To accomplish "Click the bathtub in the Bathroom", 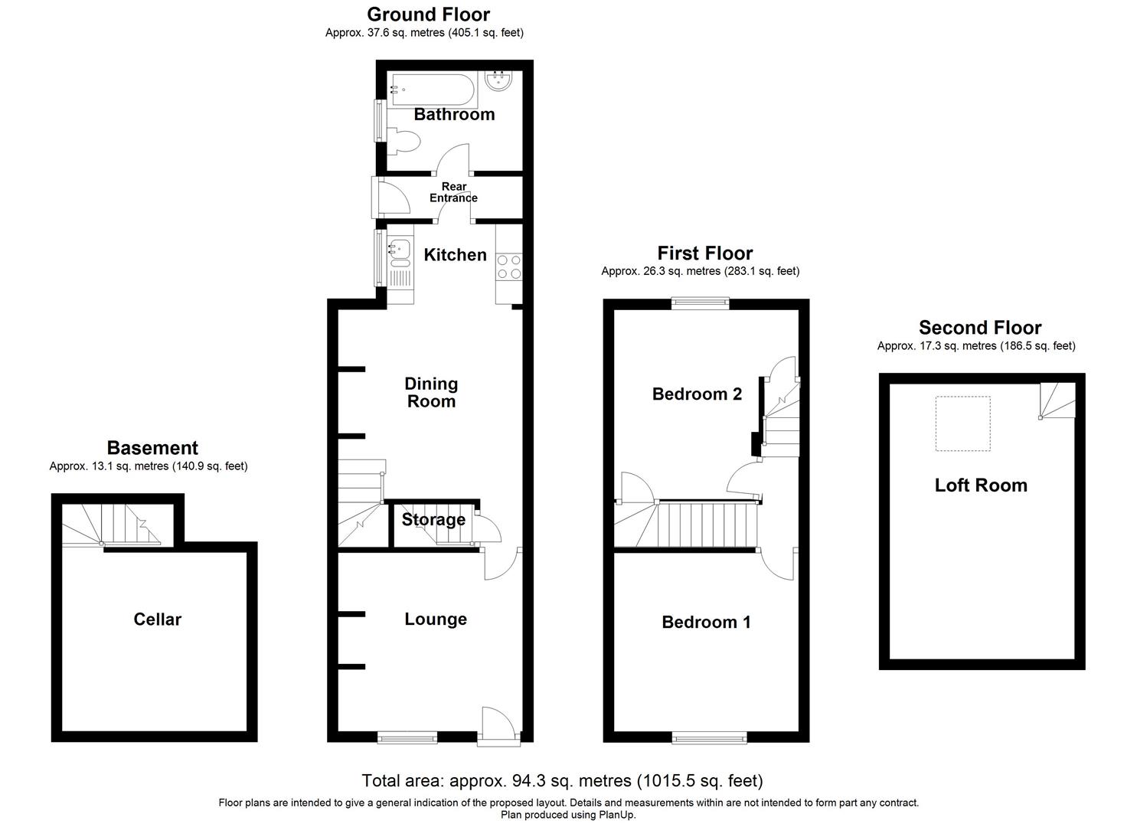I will coord(433,90).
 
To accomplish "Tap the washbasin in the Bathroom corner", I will coord(499,81).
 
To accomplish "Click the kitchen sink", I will coord(400,248).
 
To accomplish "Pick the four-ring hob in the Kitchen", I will coord(509,266).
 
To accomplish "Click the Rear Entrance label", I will coord(453,192).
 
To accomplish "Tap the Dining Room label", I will coord(431,392).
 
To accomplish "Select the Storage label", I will coord(433,520).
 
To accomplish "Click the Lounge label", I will coord(436,619).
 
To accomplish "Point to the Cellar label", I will coord(157,619).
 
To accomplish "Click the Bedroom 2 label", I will coord(697,394).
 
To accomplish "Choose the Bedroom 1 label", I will coord(706,623).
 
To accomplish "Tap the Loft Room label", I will coord(981,485).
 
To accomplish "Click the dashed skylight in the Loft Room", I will coord(962,423).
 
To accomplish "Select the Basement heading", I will coord(152,448).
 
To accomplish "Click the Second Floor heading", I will coord(980,328).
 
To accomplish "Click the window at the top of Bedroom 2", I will coord(701,303).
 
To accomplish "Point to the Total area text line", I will coord(562,781).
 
